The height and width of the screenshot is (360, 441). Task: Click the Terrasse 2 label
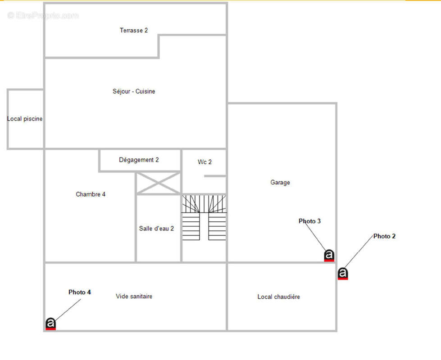click(134, 30)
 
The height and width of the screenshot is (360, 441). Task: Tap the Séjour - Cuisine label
click(134, 91)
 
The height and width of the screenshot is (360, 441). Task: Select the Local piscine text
click(25, 119)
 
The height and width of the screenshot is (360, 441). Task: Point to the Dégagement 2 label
click(139, 160)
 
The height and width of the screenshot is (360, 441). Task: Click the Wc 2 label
click(205, 162)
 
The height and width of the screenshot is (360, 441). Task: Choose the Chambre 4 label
click(91, 194)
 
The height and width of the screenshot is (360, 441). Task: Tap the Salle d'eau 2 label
click(156, 229)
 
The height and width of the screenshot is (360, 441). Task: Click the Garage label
click(280, 182)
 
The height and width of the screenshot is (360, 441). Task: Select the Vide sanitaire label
click(134, 296)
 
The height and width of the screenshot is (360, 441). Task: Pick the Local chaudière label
click(279, 297)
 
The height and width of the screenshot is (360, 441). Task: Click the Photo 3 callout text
click(309, 221)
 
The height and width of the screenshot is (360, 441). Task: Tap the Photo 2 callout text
click(385, 236)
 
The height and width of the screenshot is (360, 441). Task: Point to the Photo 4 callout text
click(80, 292)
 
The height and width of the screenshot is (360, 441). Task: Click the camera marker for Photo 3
click(329, 256)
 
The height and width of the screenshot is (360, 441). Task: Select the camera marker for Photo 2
click(343, 274)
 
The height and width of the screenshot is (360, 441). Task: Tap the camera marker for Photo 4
click(50, 324)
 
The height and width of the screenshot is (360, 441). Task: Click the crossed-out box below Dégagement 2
click(159, 183)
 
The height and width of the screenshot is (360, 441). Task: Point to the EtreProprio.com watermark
click(43, 15)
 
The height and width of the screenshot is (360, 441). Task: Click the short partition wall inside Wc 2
click(215, 176)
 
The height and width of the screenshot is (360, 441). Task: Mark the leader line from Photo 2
click(359, 252)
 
